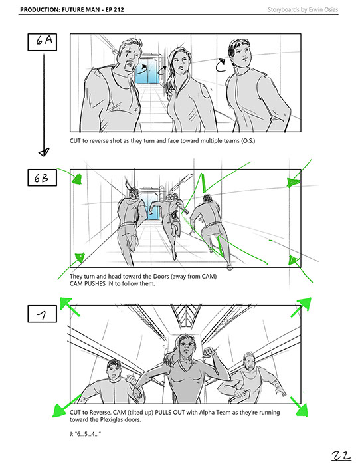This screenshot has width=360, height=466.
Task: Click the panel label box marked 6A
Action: point(43,42)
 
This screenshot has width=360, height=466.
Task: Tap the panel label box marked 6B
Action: point(43,177)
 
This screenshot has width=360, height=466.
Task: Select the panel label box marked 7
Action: point(43,314)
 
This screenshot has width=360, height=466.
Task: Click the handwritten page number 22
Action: point(341,455)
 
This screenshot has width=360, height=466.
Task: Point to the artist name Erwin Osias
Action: point(323,9)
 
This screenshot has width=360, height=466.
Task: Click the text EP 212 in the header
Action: point(115,9)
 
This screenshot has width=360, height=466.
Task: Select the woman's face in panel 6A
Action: point(180,63)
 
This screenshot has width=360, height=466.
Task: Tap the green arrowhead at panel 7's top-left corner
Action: point(65,303)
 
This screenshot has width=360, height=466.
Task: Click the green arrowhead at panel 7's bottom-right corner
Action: point(302,410)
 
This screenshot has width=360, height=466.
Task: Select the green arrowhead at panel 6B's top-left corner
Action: point(77,179)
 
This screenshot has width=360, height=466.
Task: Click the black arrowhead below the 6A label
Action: point(44,152)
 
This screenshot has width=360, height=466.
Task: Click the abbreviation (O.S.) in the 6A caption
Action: point(248,140)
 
